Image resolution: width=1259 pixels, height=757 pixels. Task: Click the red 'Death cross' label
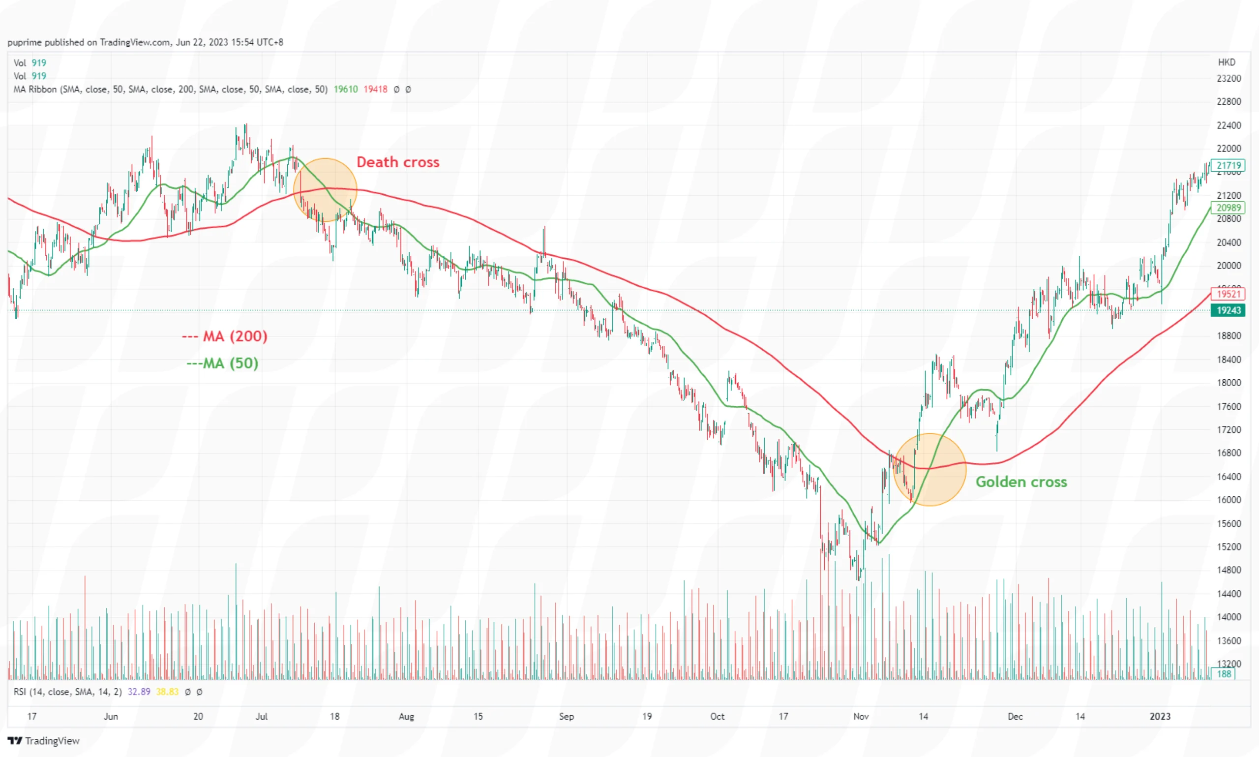pyautogui.click(x=397, y=162)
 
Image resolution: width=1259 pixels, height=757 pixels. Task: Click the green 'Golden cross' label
pyautogui.click(x=1020, y=482)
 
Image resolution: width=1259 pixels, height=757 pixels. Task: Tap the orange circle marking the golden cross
pyautogui.click(x=929, y=469)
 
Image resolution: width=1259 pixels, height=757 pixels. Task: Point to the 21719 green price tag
pyautogui.click(x=1228, y=165)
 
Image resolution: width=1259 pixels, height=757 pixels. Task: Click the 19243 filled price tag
pyautogui.click(x=1228, y=310)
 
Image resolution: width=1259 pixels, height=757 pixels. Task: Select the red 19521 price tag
pyautogui.click(x=1228, y=294)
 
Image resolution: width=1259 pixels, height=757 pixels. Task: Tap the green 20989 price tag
pyautogui.click(x=1228, y=208)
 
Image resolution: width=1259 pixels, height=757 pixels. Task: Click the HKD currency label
pyautogui.click(x=1227, y=62)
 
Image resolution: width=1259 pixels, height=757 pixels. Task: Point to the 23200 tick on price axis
pyautogui.click(x=1228, y=79)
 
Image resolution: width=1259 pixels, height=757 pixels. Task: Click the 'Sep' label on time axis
pyautogui.click(x=566, y=716)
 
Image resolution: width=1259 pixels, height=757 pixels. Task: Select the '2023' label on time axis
pyautogui.click(x=1160, y=716)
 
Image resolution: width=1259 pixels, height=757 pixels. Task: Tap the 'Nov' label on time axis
pyautogui.click(x=861, y=716)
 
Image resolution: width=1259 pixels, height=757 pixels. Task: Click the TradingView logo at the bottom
pyautogui.click(x=44, y=740)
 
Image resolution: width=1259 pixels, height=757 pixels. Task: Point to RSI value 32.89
pyautogui.click(x=139, y=692)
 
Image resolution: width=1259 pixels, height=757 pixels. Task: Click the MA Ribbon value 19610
pyautogui.click(x=345, y=89)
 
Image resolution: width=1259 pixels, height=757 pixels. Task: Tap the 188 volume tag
pyautogui.click(x=1224, y=674)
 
